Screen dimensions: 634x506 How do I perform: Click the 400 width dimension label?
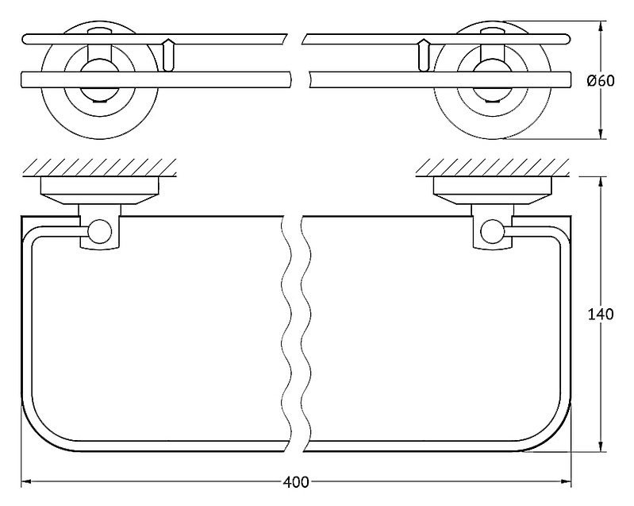(x=295, y=482)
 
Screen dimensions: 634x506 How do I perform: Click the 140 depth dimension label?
(x=600, y=314)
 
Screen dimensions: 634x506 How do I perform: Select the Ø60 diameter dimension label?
(x=601, y=81)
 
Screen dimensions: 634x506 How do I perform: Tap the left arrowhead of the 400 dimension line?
(x=26, y=481)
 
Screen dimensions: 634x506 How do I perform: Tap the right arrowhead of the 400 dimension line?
(x=566, y=481)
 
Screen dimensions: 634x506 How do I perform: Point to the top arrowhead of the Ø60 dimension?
(x=601, y=27)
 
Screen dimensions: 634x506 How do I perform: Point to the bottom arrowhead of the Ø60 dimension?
(x=601, y=133)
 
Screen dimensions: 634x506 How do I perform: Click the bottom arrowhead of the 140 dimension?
(x=601, y=446)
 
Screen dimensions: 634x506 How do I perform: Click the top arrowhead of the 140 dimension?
(x=601, y=182)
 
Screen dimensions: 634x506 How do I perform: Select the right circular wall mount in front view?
(x=492, y=80)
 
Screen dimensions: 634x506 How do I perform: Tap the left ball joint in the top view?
(x=99, y=231)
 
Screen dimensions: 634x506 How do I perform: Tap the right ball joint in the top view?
(x=493, y=231)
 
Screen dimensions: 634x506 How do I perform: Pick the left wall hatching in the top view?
(x=99, y=168)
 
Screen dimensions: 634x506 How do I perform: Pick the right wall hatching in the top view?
(x=493, y=168)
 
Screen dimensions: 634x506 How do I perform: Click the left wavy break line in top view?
(x=286, y=334)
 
